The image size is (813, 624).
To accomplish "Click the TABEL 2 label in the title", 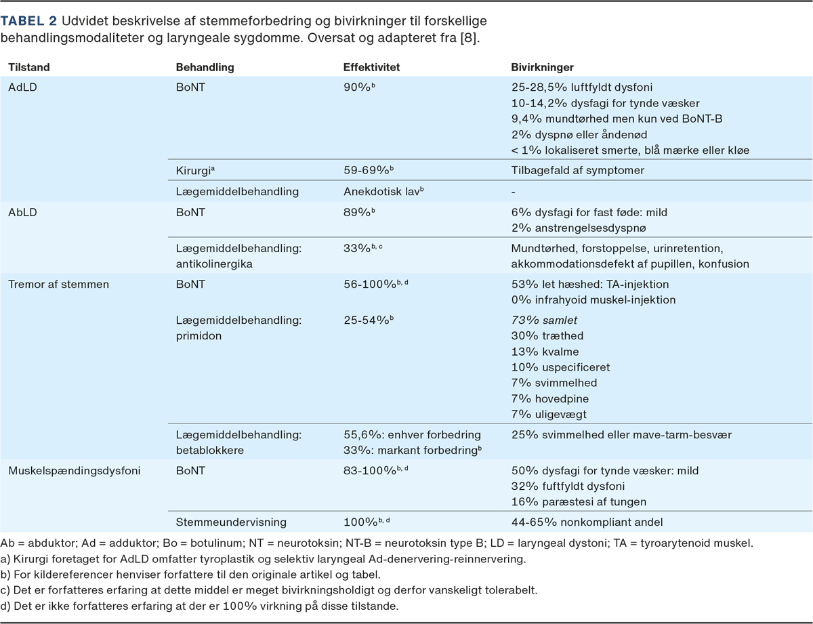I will tap(29, 20).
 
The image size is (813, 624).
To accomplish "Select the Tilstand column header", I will tap(29, 68).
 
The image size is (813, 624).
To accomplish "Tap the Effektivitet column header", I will tap(372, 68).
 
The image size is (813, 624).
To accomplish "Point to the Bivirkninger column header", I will tap(542, 68).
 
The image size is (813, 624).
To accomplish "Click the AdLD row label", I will tap(23, 87).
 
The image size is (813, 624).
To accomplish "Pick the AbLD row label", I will tap(23, 212).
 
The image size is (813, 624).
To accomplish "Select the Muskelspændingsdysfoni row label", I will tap(75, 470).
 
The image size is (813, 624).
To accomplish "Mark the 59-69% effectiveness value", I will tap(366, 170).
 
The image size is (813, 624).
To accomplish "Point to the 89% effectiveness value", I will tap(358, 212).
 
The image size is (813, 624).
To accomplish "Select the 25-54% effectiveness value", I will tap(366, 320).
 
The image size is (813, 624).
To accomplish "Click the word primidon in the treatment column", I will tap(198, 335).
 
